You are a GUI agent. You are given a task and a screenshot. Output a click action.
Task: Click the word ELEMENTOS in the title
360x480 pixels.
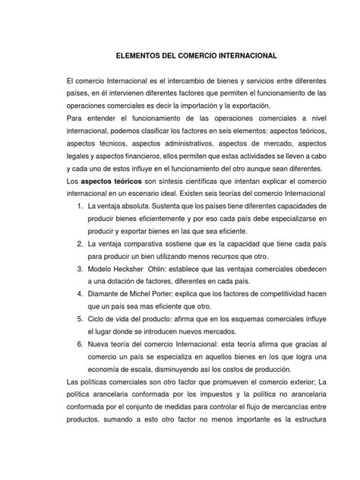click(135, 56)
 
